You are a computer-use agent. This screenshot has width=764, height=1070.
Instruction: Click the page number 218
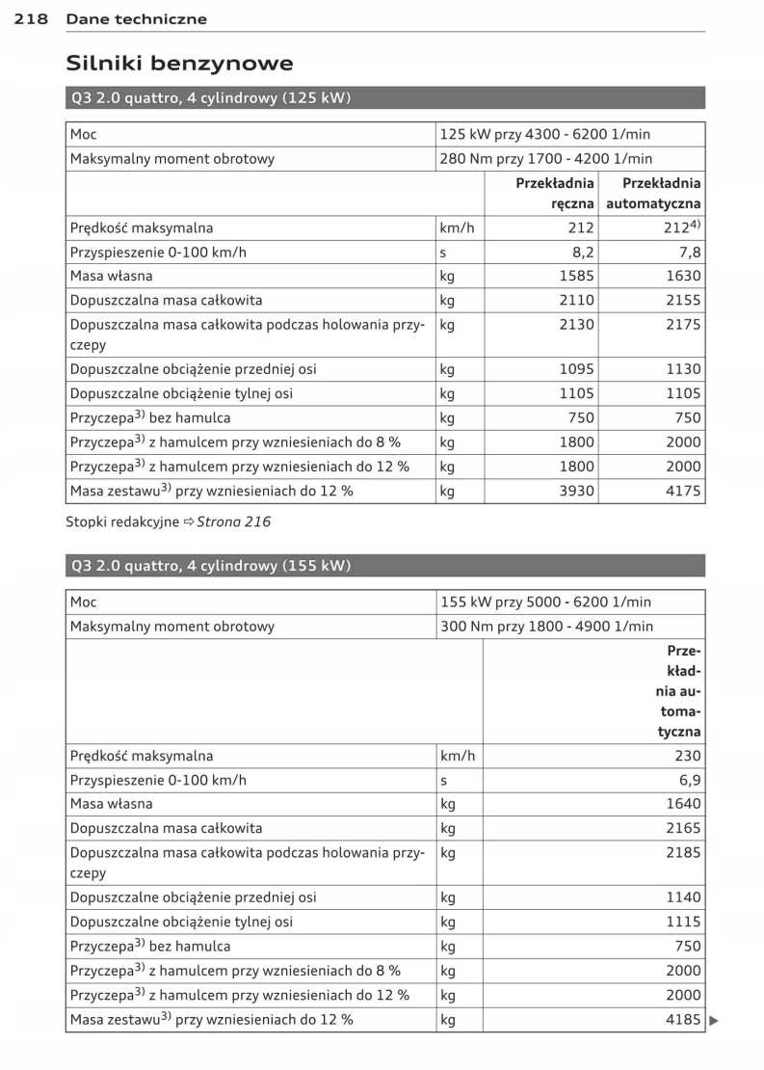click(32, 19)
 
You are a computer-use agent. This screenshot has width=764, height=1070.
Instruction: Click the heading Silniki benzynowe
click(179, 64)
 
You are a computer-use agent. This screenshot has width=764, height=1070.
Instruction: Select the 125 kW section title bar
click(385, 98)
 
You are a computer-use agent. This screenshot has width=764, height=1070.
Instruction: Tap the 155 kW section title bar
click(385, 566)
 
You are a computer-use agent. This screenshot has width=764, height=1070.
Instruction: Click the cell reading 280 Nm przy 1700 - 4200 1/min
click(546, 159)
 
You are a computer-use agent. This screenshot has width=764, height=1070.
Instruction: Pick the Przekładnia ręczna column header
click(555, 194)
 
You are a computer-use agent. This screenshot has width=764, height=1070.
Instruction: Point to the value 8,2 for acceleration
click(582, 252)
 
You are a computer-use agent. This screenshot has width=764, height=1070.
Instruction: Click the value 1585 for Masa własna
click(576, 276)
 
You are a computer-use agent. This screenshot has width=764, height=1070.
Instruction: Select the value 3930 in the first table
click(576, 491)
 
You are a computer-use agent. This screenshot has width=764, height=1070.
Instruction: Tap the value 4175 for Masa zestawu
click(683, 491)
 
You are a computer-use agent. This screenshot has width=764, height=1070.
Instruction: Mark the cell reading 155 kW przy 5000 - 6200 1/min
click(545, 602)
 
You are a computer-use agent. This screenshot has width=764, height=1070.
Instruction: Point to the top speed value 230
click(688, 756)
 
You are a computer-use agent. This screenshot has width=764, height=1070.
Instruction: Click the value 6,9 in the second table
click(690, 780)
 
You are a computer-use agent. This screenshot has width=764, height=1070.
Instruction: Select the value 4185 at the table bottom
click(683, 1019)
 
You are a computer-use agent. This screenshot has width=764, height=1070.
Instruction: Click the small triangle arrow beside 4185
click(714, 1020)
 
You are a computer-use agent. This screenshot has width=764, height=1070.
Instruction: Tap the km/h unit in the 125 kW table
click(458, 228)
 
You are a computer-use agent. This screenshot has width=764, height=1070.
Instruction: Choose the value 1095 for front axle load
click(576, 369)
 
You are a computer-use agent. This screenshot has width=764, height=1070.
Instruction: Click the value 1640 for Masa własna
click(683, 804)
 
